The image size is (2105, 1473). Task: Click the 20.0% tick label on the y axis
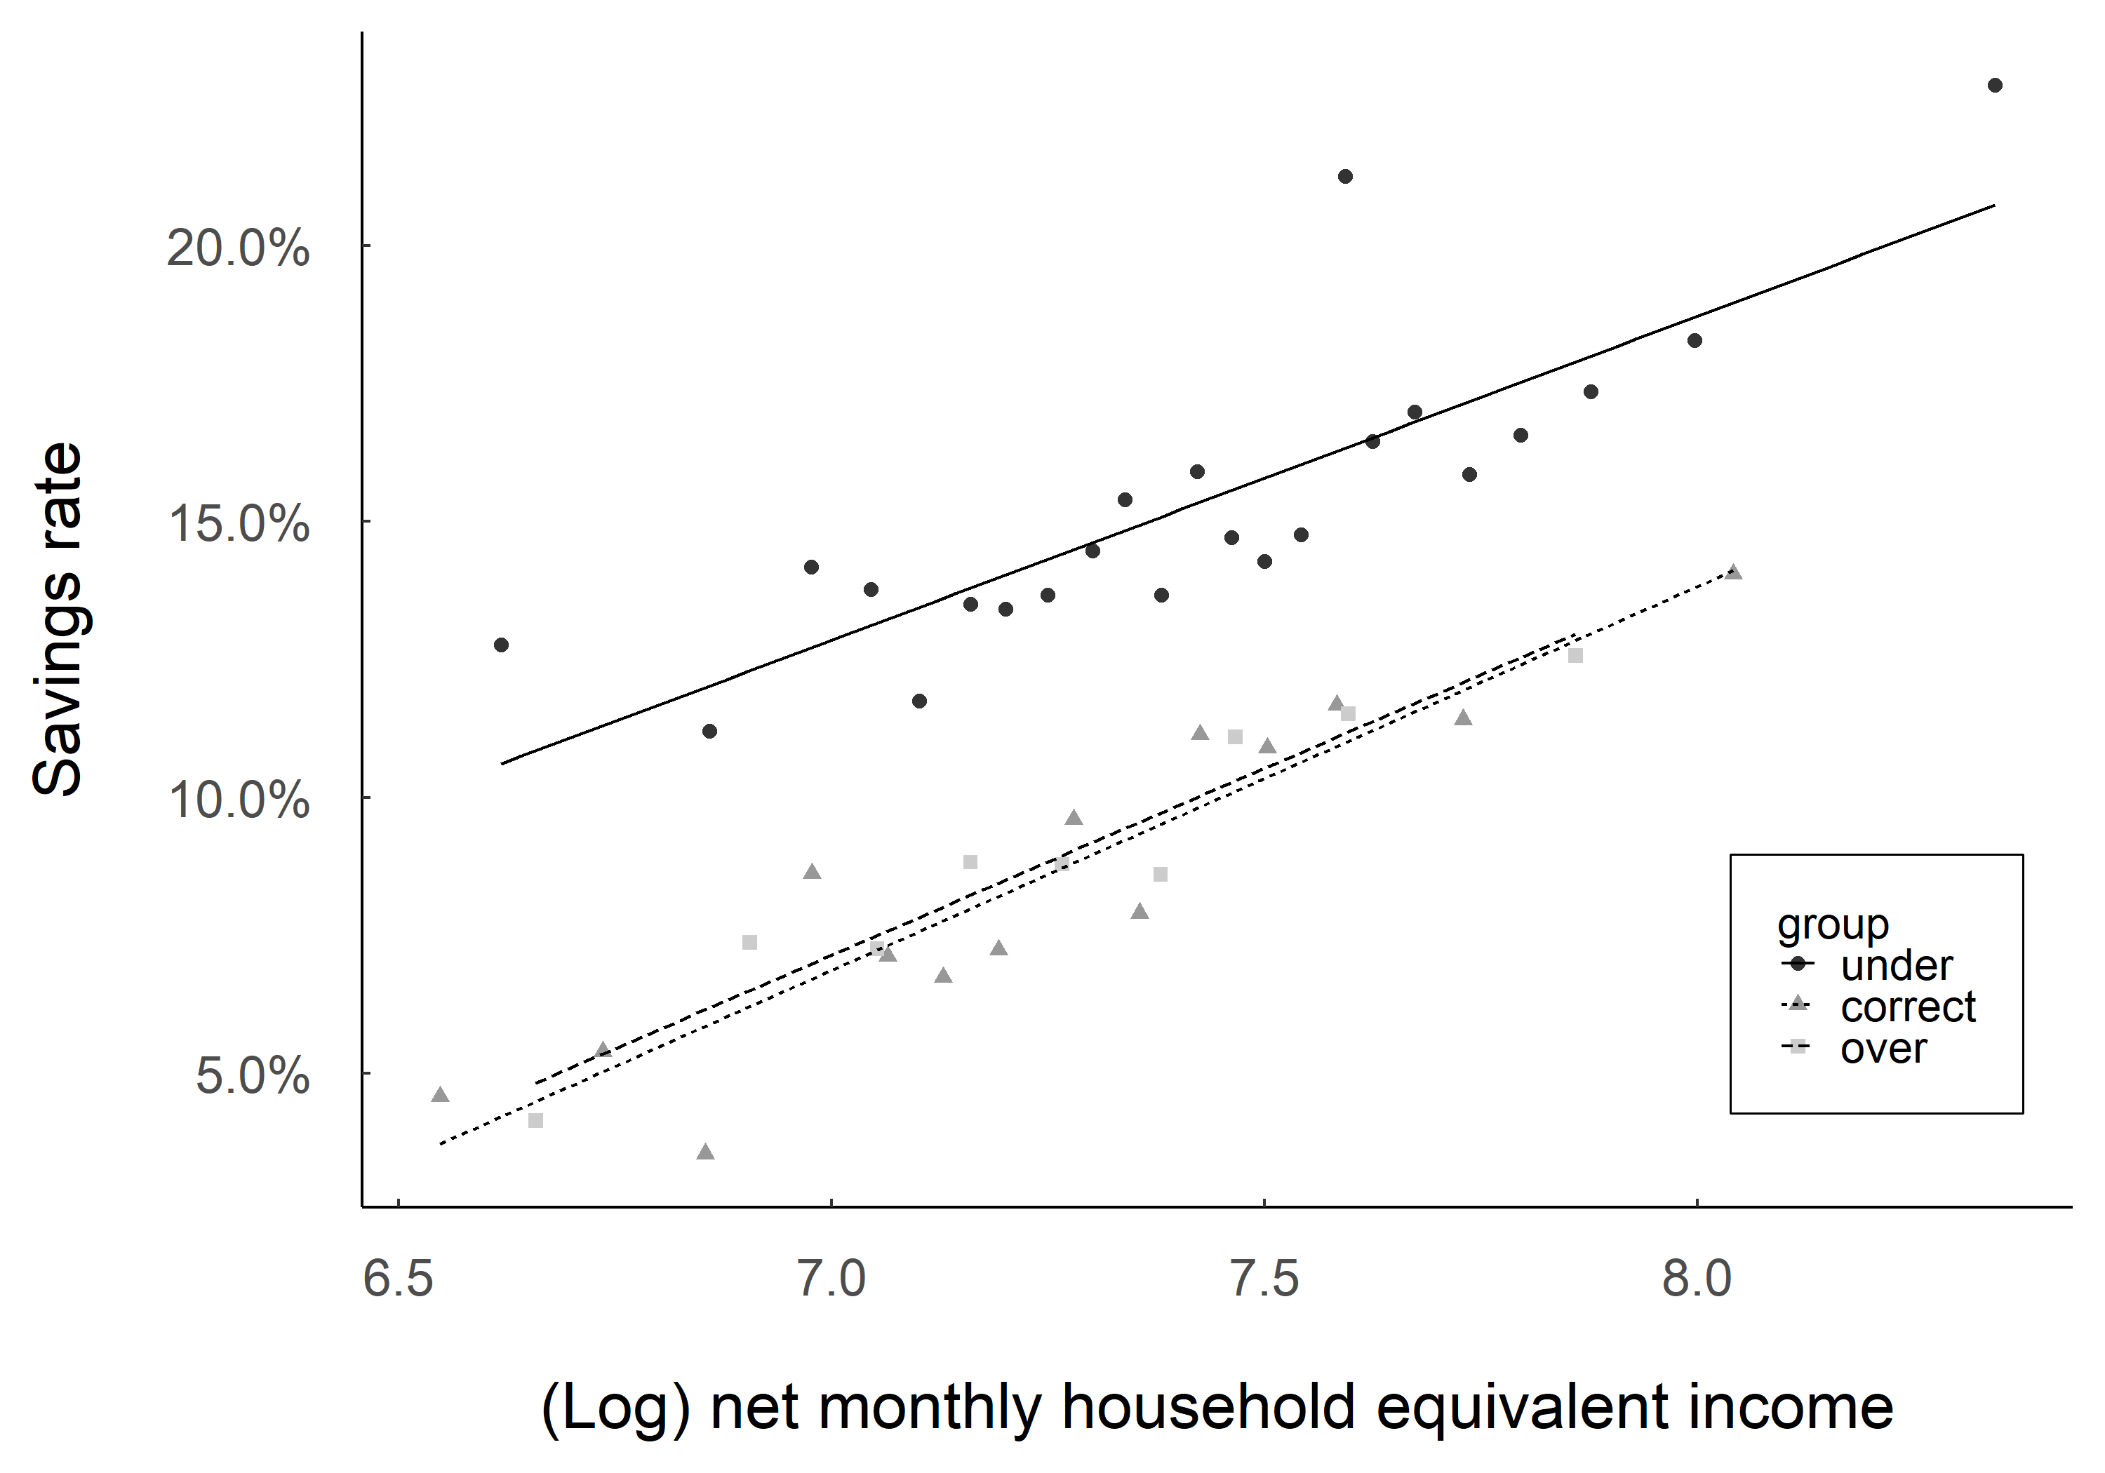click(237, 248)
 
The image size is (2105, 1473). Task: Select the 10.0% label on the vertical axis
click(237, 800)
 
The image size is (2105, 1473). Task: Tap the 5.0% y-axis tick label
click(251, 1076)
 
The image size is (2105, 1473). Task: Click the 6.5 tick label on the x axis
click(398, 1279)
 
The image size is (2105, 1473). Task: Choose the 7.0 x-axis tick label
click(831, 1279)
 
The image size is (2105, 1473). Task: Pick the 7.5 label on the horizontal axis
click(1264, 1279)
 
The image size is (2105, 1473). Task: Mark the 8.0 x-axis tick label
click(1697, 1279)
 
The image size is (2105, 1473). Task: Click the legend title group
click(1833, 925)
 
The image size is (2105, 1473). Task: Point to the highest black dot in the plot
click(1994, 86)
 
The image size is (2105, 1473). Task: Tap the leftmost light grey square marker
click(535, 1120)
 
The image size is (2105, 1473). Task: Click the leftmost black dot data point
click(500, 645)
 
